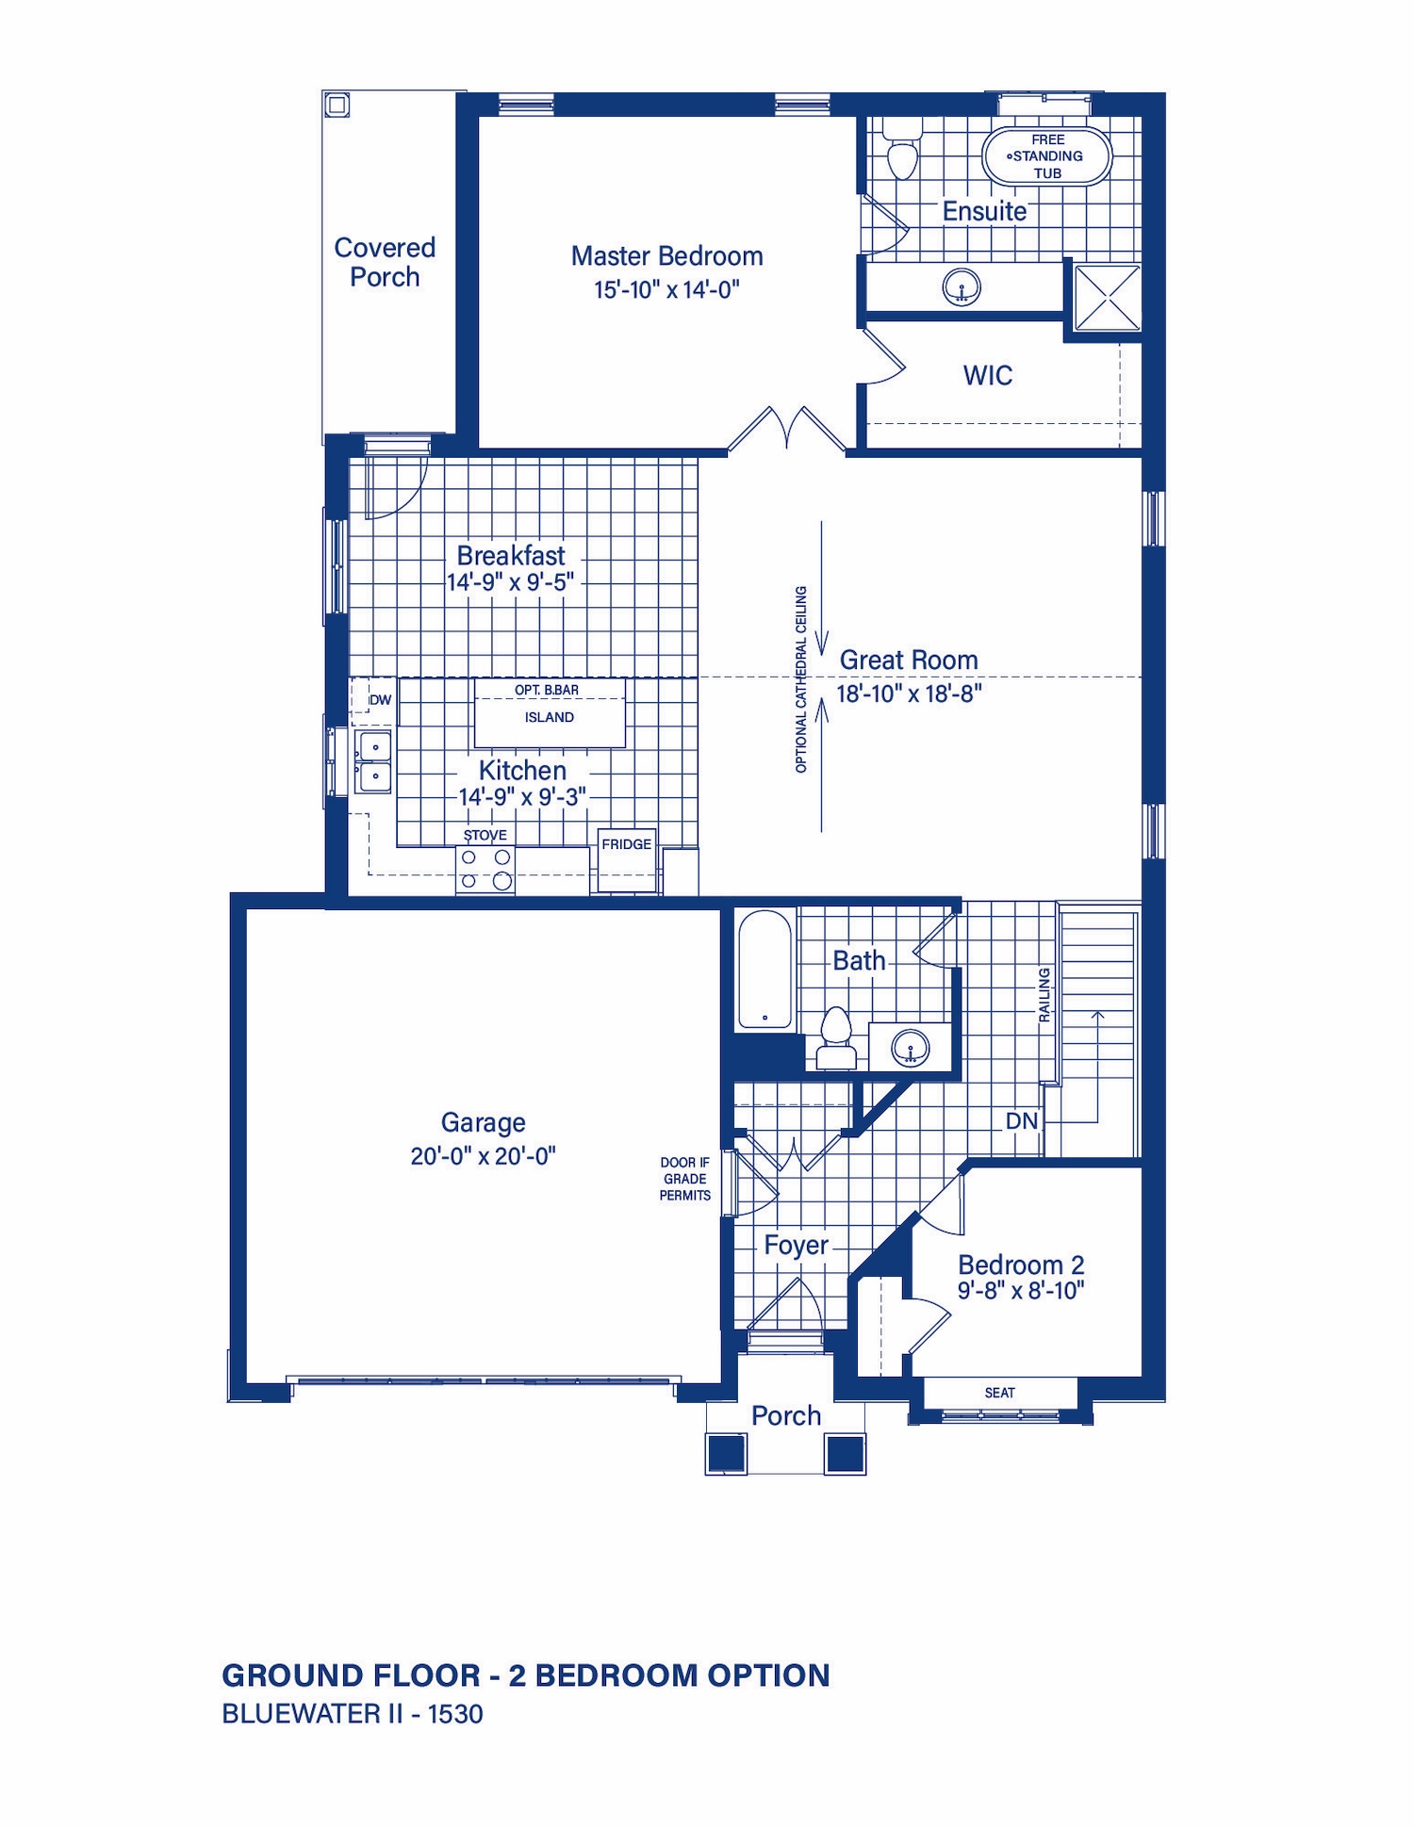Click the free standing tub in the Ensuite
click(1047, 155)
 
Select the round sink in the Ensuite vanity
click(962, 286)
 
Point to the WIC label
click(988, 375)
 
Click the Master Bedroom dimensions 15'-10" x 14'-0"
click(666, 289)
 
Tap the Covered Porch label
click(385, 262)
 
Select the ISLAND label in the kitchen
click(550, 717)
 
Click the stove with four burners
click(485, 870)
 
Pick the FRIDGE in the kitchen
click(627, 860)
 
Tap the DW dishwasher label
click(380, 700)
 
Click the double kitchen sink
click(373, 761)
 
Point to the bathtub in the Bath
click(765, 970)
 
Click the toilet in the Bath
click(835, 1037)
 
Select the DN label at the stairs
click(1022, 1121)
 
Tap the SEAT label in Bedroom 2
click(1000, 1393)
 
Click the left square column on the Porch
click(727, 1454)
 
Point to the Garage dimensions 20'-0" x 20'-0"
click(483, 1156)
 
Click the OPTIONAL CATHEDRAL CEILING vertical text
click(801, 679)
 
